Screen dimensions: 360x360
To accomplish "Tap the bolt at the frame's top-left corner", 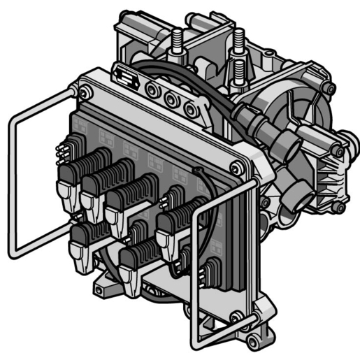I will pos(85,92).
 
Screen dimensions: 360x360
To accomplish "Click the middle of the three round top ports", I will pos(170,100).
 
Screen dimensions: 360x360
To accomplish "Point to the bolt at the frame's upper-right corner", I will pos(237,167).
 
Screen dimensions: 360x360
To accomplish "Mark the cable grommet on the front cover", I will pos(198,171).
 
